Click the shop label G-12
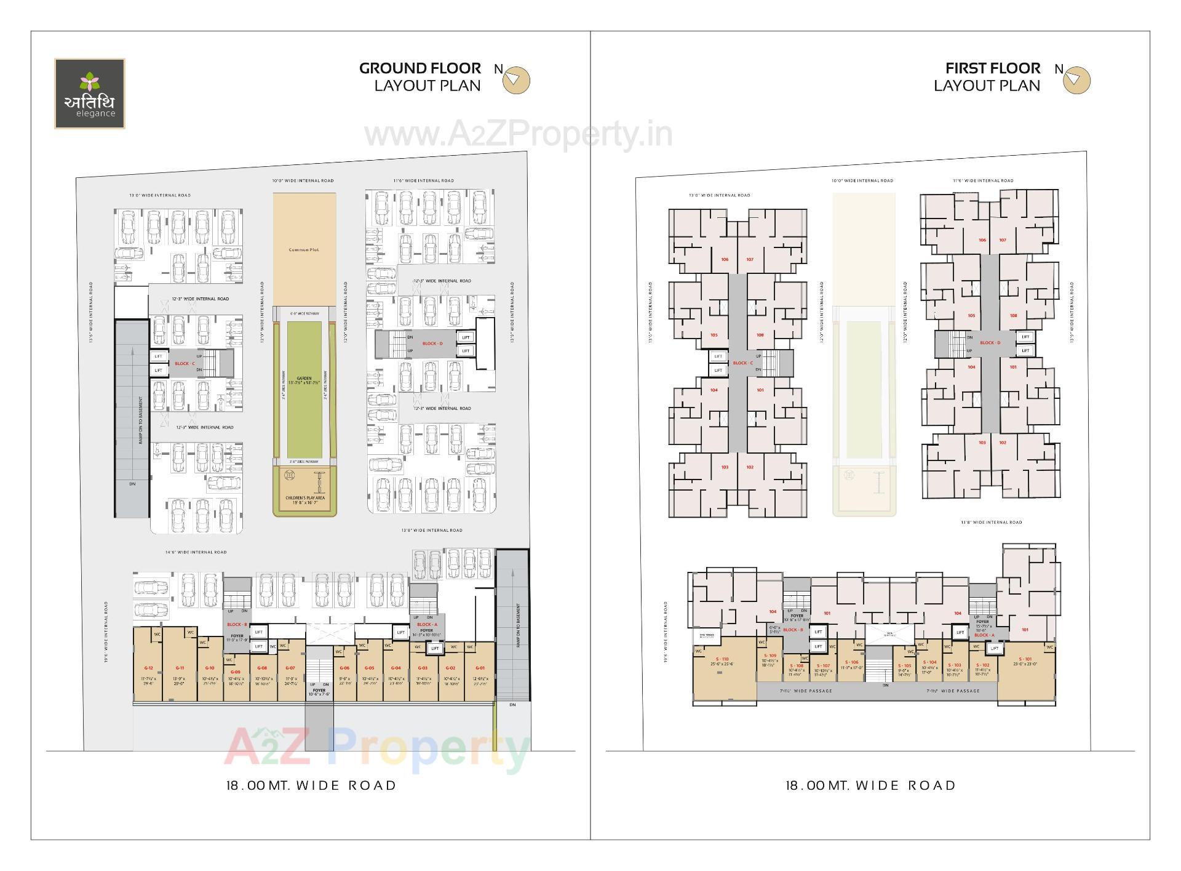(148, 668)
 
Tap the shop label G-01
(480, 668)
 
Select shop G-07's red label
(290, 668)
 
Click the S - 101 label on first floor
(1025, 659)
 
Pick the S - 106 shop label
(851, 662)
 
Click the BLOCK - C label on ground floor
(185, 364)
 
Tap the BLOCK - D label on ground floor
(432, 343)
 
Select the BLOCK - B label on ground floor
(237, 625)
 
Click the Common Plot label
(304, 250)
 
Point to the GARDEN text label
(304, 379)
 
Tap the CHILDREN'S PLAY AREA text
(305, 498)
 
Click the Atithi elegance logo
(90, 94)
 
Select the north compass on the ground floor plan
(515, 80)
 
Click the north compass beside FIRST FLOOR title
(1076, 80)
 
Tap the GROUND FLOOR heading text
(420, 68)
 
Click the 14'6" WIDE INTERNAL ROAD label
(196, 552)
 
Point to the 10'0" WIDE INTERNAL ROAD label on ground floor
(303, 180)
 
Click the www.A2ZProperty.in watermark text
(519, 135)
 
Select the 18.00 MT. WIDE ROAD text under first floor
(870, 785)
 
